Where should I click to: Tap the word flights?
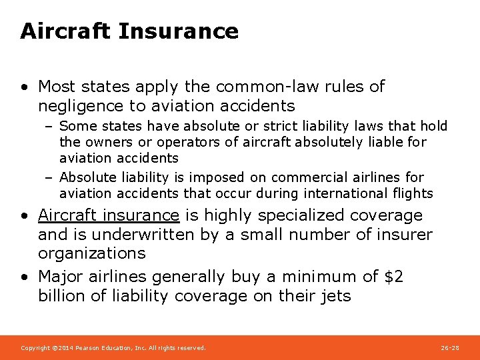[413, 193]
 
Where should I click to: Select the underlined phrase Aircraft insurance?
[109, 215]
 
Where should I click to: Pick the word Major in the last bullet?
[60, 277]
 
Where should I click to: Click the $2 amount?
[393, 277]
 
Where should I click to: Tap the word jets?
[335, 296]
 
